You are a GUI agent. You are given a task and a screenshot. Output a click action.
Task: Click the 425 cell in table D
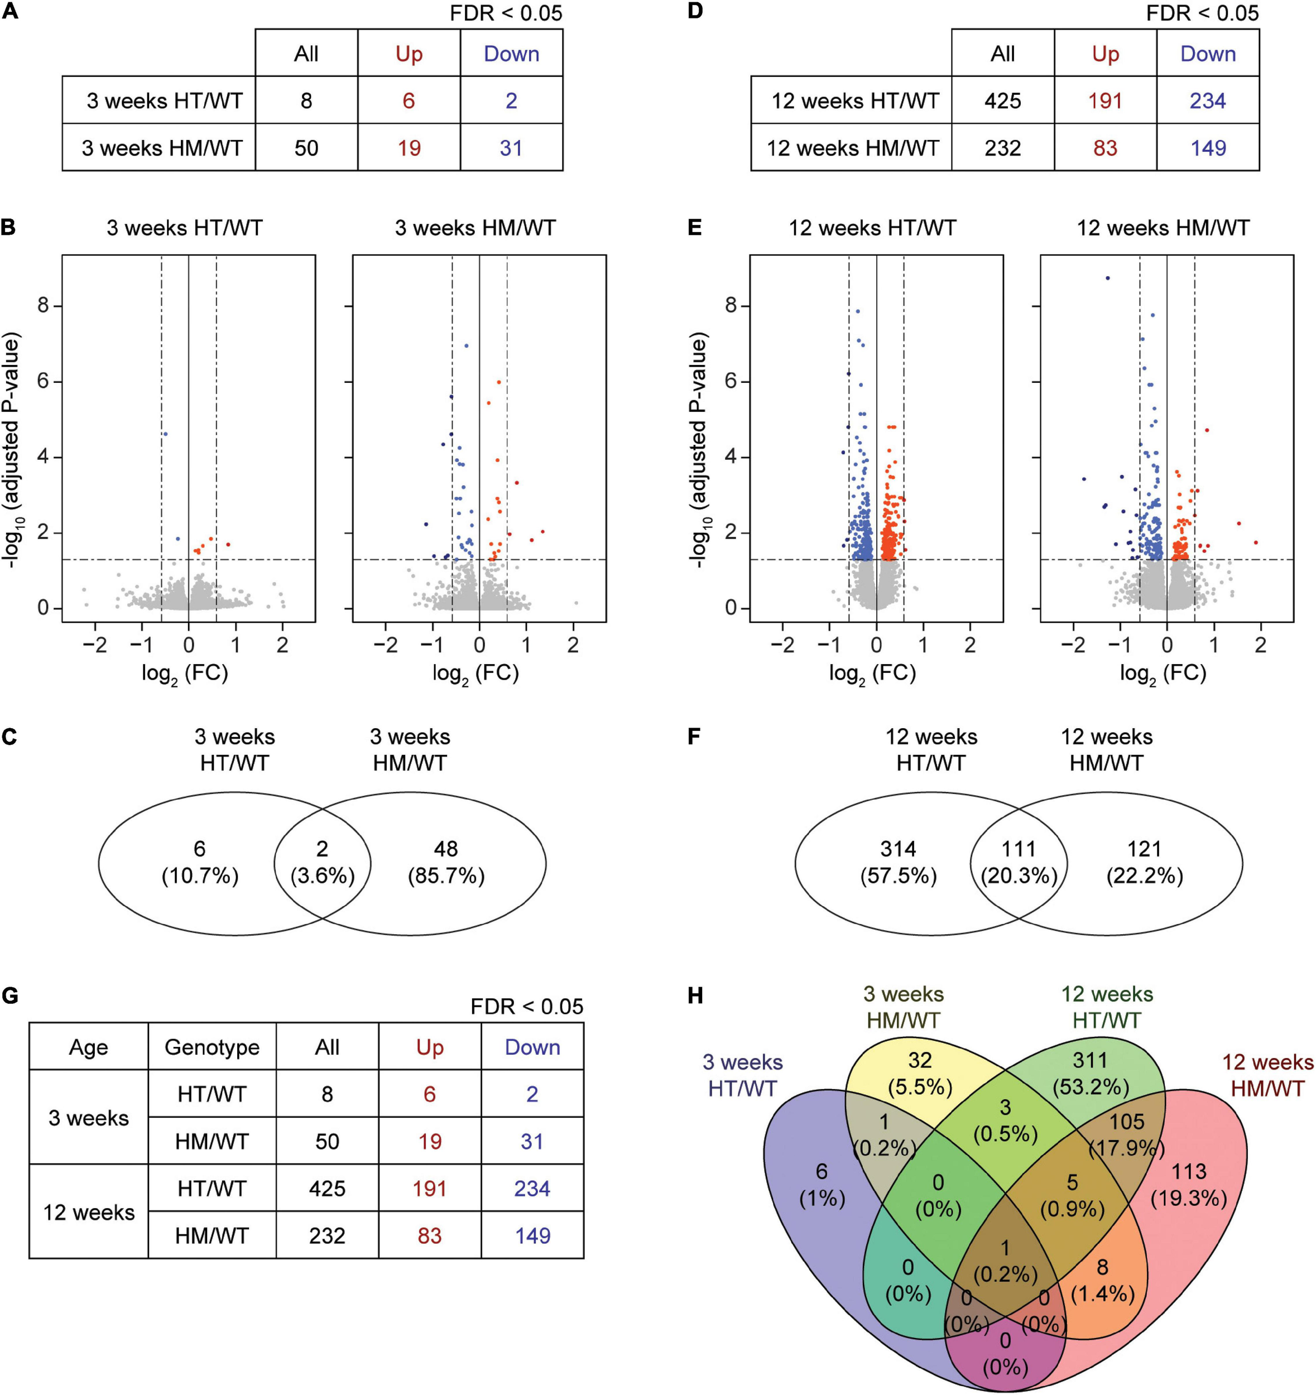(x=1002, y=100)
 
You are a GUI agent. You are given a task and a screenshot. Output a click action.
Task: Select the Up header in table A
(x=409, y=54)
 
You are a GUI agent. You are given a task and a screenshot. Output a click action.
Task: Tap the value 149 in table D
(x=1207, y=148)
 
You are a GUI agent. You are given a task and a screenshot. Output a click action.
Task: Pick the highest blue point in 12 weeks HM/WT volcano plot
(x=1107, y=278)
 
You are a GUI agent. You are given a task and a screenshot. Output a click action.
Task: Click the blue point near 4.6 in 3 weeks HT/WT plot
(x=165, y=434)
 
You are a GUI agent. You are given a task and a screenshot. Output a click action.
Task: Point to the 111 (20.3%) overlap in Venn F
(x=1019, y=863)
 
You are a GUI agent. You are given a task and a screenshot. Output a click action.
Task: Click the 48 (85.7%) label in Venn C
(x=446, y=863)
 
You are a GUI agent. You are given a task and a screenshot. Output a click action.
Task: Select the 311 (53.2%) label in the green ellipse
(x=1090, y=1073)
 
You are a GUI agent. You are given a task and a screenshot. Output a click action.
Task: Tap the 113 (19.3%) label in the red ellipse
(x=1188, y=1185)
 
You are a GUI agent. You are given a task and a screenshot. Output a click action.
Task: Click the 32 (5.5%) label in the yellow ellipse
(x=919, y=1073)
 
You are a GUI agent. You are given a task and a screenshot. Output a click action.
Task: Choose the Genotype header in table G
(x=212, y=1048)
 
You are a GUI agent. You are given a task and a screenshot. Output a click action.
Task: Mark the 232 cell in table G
(x=327, y=1236)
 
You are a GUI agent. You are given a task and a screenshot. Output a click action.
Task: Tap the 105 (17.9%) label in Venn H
(x=1126, y=1134)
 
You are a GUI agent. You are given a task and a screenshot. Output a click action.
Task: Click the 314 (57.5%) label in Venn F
(x=899, y=863)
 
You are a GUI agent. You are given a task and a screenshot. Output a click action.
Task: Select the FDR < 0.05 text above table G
(x=526, y=1007)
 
